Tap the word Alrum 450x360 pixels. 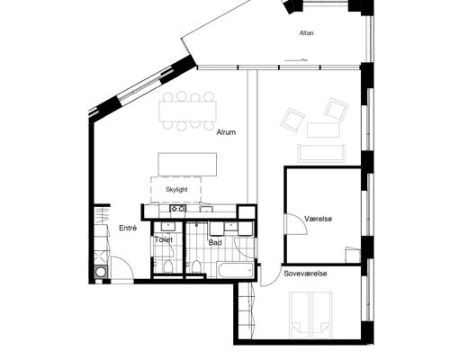tap(226, 133)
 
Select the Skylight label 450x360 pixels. tap(176, 190)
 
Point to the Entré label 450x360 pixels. tap(128, 229)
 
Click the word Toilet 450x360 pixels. tap(164, 240)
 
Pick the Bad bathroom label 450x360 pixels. tap(215, 242)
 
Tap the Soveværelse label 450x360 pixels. tap(305, 273)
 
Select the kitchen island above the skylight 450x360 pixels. tap(188, 164)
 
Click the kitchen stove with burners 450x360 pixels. tap(176, 209)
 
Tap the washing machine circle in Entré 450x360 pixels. tap(101, 269)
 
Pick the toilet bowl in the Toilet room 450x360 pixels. tap(168, 267)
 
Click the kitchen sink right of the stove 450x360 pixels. tap(204, 209)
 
